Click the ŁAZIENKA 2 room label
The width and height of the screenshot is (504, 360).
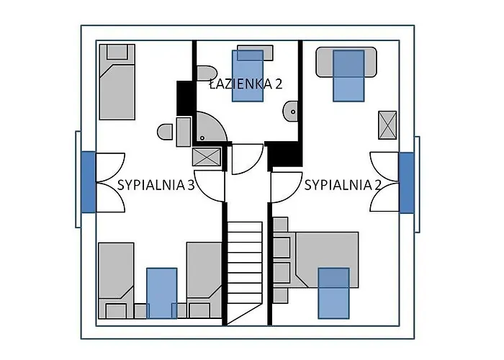tap(245, 84)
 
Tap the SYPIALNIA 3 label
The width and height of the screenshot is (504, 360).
tap(156, 185)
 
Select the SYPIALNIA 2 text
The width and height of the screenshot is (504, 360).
tap(343, 185)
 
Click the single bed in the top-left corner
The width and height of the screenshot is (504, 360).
tap(117, 81)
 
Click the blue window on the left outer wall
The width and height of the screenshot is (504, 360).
tap(88, 181)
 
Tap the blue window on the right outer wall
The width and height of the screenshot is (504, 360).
tap(406, 182)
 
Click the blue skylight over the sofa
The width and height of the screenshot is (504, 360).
tap(348, 74)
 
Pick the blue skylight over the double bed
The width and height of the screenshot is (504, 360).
tap(333, 292)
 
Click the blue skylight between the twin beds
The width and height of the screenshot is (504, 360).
tap(162, 292)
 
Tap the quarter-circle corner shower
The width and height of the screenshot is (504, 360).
tap(207, 127)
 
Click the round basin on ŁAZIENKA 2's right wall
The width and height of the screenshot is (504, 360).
tap(291, 111)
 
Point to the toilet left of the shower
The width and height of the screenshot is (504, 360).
tap(166, 132)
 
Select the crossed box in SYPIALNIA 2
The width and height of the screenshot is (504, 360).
tap(387, 125)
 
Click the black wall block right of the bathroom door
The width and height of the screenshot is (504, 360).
tap(283, 155)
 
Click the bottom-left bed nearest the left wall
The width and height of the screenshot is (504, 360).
tap(117, 281)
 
